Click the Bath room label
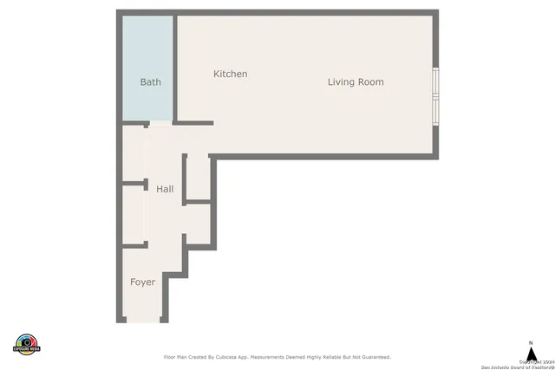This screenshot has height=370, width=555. (x=150, y=82)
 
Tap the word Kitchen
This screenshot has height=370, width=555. (x=230, y=75)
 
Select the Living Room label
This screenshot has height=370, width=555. (x=356, y=82)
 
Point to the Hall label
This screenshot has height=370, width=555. (x=165, y=189)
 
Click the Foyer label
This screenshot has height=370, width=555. (x=143, y=282)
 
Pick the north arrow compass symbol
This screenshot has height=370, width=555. (x=531, y=354)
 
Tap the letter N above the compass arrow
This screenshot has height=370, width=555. (x=531, y=342)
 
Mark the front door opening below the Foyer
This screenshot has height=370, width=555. (x=143, y=321)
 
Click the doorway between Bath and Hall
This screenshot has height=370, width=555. (x=160, y=124)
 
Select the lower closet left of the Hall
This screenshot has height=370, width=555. (x=133, y=215)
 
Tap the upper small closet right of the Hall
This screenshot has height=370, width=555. (x=199, y=179)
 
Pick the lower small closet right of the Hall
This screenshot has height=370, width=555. (x=199, y=224)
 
